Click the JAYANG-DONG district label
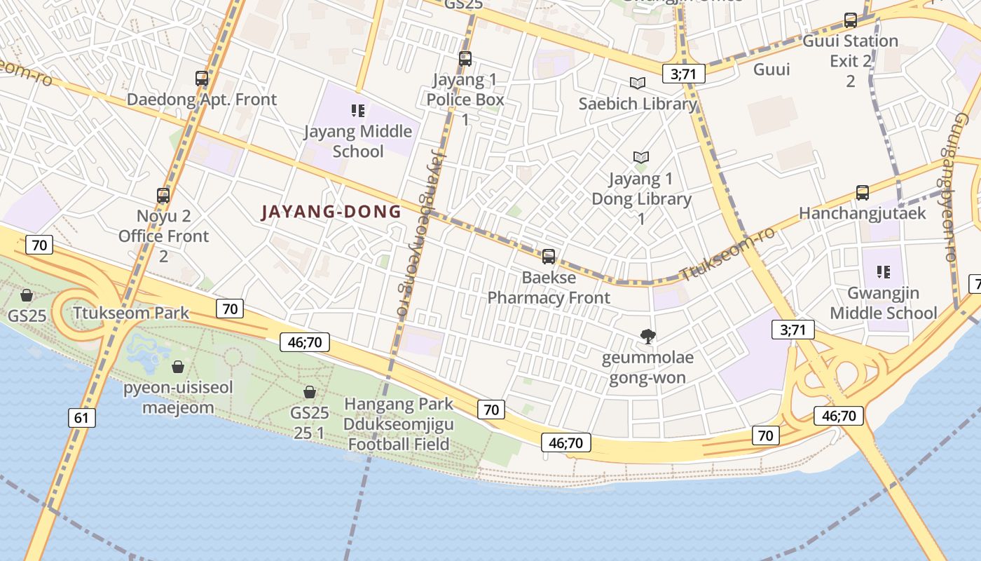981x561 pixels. (x=331, y=212)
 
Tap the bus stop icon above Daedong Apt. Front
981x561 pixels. (x=202, y=79)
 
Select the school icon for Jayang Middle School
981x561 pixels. (x=358, y=111)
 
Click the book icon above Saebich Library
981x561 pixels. (x=637, y=83)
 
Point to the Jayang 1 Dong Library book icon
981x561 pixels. (x=640, y=158)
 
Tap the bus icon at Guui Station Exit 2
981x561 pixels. (x=850, y=20)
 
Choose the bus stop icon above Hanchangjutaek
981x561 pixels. (x=863, y=193)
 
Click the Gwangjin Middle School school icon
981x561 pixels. (x=883, y=272)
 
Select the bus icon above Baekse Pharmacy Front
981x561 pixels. (x=549, y=257)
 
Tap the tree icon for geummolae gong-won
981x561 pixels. (x=648, y=337)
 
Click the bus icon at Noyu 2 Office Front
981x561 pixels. (x=163, y=196)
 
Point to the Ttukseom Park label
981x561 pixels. (x=131, y=313)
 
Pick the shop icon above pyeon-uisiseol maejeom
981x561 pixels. (x=178, y=367)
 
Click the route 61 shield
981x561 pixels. (x=82, y=419)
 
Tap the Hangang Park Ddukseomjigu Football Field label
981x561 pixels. (x=398, y=424)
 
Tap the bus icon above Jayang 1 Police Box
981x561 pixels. (x=465, y=59)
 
